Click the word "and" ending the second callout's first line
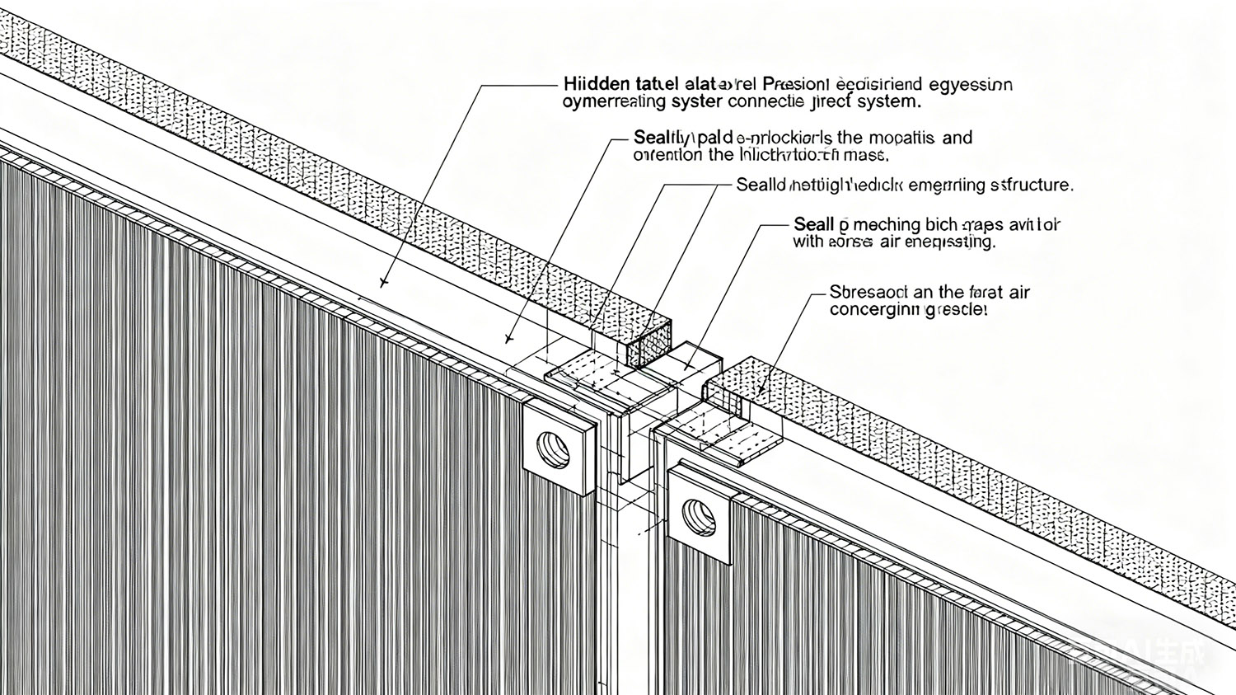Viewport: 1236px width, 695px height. pos(957,138)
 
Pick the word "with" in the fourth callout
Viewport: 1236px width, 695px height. pos(808,242)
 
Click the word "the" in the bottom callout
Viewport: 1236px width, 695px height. pos(951,293)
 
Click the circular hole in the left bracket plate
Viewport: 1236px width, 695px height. pos(553,448)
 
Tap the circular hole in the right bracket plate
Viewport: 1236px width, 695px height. pos(700,516)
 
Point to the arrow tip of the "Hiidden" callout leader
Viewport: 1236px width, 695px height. pos(382,284)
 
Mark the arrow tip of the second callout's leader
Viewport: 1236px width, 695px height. pos(508,340)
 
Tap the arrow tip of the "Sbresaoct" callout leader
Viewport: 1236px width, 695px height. pos(759,390)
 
